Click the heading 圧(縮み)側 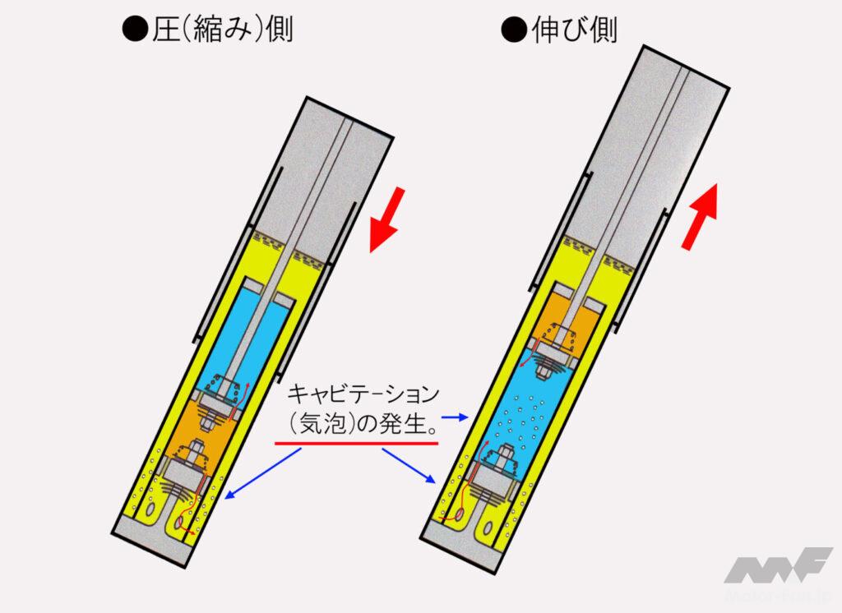[222, 30]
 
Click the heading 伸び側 [574, 30]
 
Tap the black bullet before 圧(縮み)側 [135, 30]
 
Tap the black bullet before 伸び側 [514, 30]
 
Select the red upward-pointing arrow [700, 216]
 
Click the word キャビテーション [363, 394]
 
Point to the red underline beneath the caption [357, 443]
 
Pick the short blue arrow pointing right [456, 417]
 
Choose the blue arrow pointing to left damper [262, 473]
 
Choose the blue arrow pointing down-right [409, 465]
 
